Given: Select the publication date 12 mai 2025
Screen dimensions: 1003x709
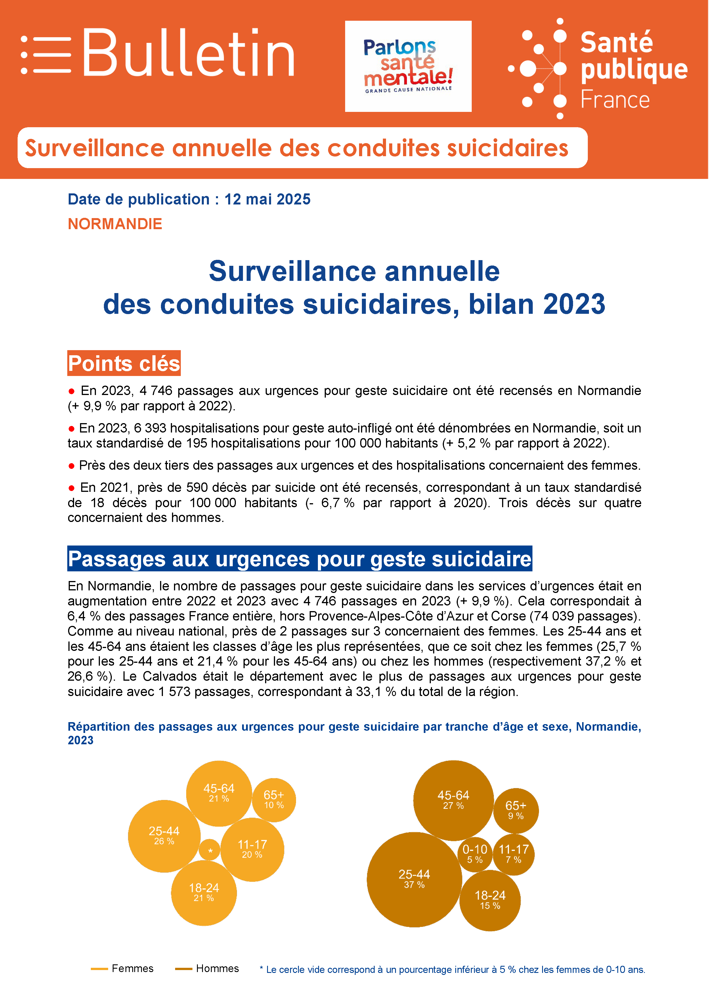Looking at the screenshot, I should (267, 199).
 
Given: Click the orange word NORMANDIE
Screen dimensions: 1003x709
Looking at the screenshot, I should (115, 224).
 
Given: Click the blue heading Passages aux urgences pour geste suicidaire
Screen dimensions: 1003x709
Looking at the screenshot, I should (299, 559).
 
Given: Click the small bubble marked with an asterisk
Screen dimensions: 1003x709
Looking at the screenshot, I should (210, 850).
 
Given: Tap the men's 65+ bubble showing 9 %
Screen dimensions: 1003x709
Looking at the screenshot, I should (516, 811).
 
